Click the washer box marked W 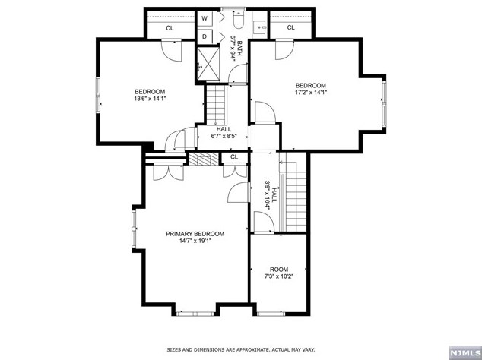coord(205,18)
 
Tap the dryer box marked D coord(205,36)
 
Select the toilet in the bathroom coord(238,19)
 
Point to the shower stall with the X coord(208,64)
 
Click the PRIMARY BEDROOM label coord(195,234)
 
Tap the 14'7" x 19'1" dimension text coord(195,241)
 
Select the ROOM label coord(279,270)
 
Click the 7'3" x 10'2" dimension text coord(279,276)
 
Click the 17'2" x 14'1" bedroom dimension coord(310,92)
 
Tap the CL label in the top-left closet coord(170,28)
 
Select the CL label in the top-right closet coord(291,27)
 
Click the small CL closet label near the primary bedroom coord(234,157)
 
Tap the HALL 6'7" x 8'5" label coord(224,133)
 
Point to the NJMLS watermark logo coord(465,352)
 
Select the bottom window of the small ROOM coord(271,314)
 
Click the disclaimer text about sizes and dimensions coord(241,349)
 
